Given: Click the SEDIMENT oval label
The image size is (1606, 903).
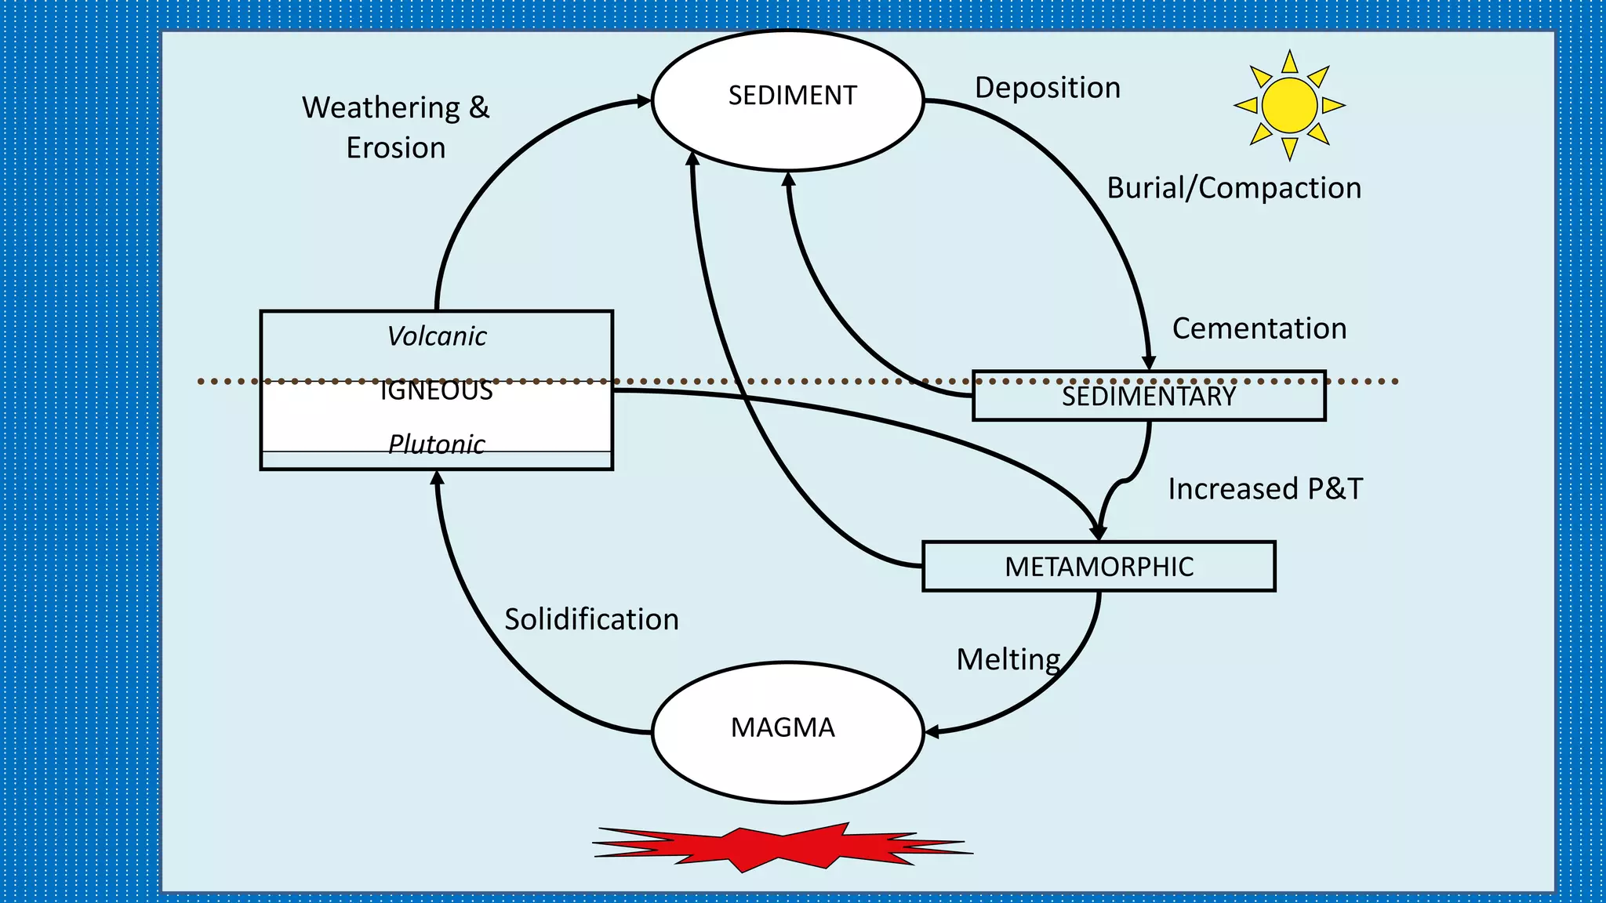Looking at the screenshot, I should point(792,96).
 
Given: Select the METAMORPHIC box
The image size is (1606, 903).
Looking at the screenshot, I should point(1099,567).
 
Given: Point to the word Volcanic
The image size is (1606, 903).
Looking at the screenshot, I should point(437,336).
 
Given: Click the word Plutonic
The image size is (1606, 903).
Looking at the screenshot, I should point(437,444).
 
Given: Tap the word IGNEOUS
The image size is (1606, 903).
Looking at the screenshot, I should point(437,390).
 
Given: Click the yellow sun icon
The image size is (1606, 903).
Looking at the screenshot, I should point(1289,105).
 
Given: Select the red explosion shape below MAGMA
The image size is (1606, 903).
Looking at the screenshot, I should point(783,847).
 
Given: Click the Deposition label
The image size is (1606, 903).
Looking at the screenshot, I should point(1048,88).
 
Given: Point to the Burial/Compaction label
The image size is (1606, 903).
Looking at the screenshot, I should point(1234,188).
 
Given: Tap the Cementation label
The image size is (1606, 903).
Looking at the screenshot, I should point(1259,328).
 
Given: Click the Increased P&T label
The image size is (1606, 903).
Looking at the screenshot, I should point(1265,489).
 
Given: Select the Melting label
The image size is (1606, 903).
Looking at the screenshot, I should point(1008,659).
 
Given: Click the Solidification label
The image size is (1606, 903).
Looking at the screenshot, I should point(591,619).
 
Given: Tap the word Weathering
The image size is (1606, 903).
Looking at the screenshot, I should point(381,108).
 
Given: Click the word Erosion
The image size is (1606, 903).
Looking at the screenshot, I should point(396,148).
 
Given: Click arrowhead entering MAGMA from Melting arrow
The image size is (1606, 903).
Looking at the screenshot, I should point(932,732).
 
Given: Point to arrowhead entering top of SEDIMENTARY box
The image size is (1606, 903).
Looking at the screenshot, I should point(1149,363).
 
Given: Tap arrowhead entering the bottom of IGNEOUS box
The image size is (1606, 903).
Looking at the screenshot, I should point(438,477).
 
